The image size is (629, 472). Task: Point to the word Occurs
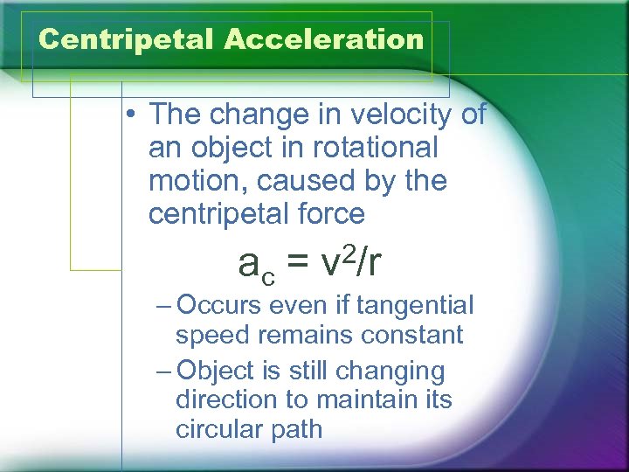click(x=220, y=305)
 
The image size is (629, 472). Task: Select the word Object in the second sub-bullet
click(x=215, y=371)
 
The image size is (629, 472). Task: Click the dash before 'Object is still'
click(x=166, y=371)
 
